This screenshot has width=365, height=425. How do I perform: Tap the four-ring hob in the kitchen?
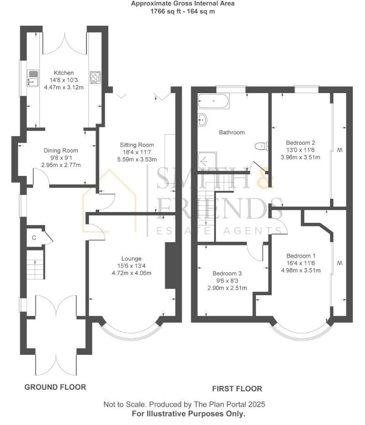click(95, 77)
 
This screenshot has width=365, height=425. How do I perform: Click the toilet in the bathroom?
click(261, 146)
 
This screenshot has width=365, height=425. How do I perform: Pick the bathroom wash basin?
click(202, 120)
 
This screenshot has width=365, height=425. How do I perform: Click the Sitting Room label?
click(137, 145)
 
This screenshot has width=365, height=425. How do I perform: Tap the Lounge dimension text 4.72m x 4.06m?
click(131, 273)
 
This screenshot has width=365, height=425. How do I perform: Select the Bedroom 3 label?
click(227, 274)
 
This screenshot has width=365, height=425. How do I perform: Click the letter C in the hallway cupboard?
click(35, 238)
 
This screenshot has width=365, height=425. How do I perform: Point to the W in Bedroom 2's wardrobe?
click(339, 149)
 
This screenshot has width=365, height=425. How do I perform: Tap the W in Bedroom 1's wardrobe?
click(339, 263)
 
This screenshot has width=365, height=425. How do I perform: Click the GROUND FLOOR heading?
click(55, 387)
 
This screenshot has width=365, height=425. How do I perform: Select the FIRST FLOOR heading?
click(237, 389)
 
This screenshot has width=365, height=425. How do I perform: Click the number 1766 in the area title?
click(158, 11)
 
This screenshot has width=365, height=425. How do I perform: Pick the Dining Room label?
click(61, 151)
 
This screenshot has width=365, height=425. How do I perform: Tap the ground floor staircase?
click(35, 264)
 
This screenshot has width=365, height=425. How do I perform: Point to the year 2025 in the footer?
click(257, 404)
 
